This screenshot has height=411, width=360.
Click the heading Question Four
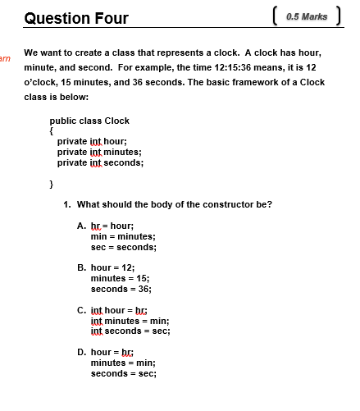[76, 17]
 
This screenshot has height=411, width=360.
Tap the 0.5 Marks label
[308, 16]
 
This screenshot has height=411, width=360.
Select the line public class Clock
[89, 121]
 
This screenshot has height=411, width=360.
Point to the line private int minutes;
[99, 152]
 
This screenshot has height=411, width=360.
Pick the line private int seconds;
[100, 162]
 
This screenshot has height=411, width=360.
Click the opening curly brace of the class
[52, 130]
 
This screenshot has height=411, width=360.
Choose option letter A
[80, 225]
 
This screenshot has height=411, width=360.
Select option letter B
[80, 267]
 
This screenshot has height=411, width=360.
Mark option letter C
[80, 310]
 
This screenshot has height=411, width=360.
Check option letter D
[80, 352]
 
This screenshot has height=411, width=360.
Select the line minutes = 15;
[120, 278]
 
